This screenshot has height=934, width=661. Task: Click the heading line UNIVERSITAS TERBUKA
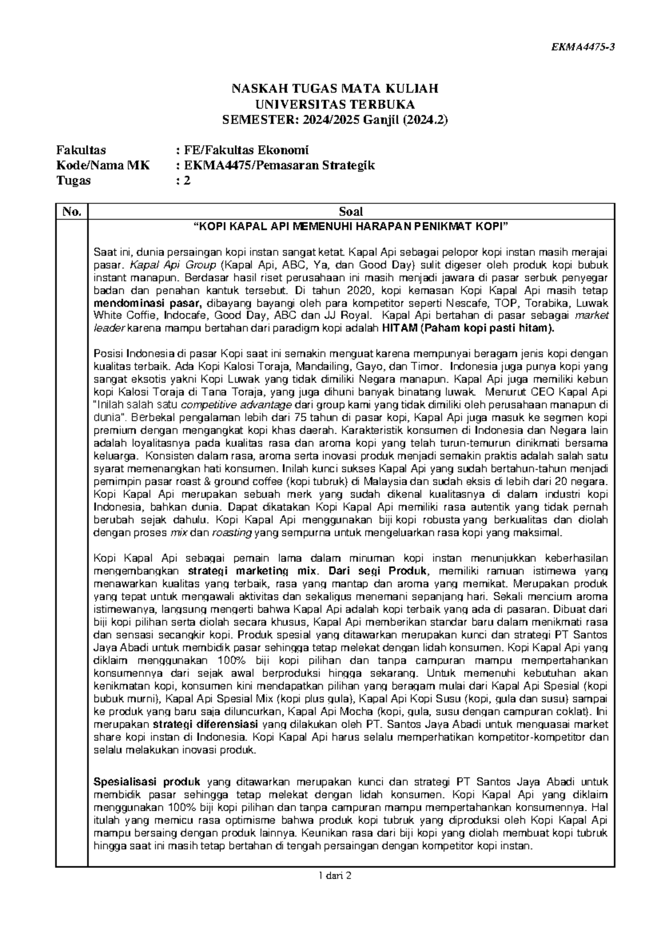pyautogui.click(x=330, y=105)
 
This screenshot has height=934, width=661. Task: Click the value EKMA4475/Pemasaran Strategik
pyautogui.click(x=279, y=165)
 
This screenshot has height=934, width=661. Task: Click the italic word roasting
pyautogui.click(x=232, y=533)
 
